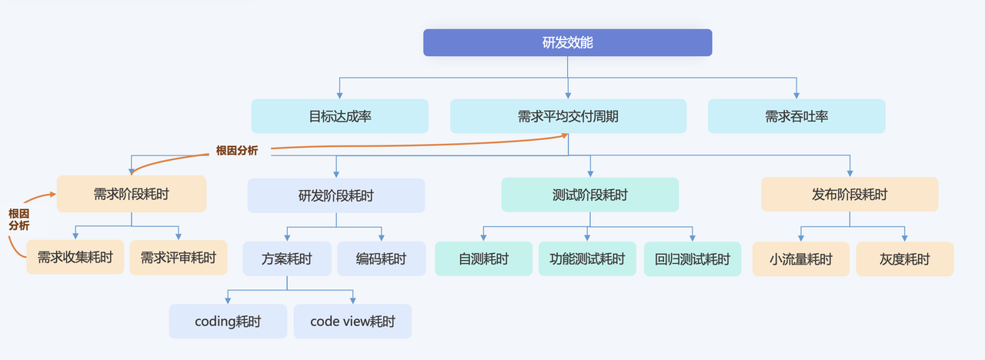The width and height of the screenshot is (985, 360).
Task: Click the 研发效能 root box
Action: (567, 42)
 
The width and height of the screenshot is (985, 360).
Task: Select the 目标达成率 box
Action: (339, 116)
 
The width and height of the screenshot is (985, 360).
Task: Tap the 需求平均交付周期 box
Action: (568, 116)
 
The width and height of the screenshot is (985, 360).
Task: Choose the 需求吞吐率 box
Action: (796, 116)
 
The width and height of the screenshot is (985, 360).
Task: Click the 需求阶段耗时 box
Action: (132, 194)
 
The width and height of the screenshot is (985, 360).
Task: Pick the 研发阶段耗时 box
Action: (336, 195)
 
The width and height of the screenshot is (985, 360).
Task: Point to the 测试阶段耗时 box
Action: (590, 195)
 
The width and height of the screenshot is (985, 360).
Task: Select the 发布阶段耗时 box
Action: (850, 194)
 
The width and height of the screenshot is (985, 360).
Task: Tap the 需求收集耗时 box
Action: (75, 258)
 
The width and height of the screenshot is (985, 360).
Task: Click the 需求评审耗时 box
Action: (179, 258)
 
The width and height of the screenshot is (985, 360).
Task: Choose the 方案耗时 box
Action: (287, 258)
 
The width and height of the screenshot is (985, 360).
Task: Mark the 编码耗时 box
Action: (381, 258)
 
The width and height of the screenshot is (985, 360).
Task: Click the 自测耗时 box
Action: (483, 258)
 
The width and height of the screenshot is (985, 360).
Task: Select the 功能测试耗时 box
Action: (587, 258)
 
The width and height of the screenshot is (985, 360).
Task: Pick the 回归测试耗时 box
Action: (693, 258)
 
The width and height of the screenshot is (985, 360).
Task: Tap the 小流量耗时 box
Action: (801, 258)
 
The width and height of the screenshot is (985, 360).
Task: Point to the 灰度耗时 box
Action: (904, 258)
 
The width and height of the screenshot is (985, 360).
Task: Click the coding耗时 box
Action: (228, 322)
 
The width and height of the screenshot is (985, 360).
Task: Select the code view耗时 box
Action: (352, 322)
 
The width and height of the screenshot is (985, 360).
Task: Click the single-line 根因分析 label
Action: (237, 151)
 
